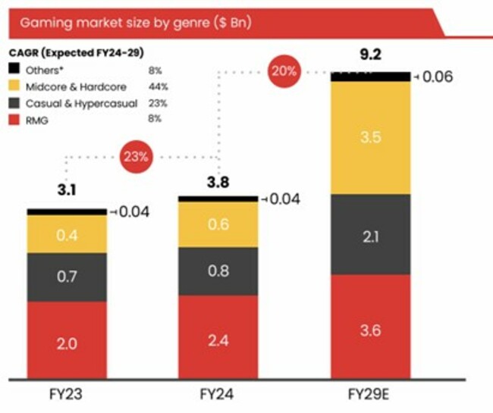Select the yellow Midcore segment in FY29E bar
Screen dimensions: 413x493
369,137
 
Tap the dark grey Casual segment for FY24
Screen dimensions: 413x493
218,271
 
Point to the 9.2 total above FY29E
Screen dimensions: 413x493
370,55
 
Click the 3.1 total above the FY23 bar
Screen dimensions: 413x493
66,189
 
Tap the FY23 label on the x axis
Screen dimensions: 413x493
66,395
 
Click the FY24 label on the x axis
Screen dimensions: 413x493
218,395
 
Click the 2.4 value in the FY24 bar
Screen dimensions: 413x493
218,341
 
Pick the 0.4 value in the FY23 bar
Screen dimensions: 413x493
66,236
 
